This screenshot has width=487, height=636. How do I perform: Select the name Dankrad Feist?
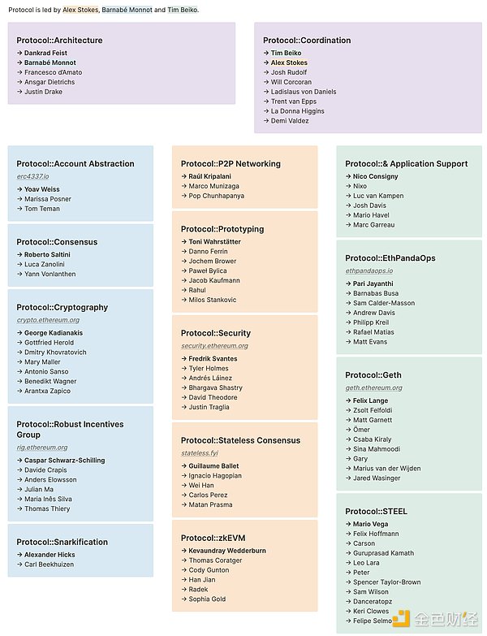[x=45, y=53]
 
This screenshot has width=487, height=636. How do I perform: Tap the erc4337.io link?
[x=32, y=176]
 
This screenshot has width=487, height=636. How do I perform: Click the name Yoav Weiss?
[x=42, y=189]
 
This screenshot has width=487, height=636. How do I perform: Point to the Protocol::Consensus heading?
[x=57, y=242]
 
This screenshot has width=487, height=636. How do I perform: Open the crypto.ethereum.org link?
[x=48, y=320]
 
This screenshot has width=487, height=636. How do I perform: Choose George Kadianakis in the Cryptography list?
[x=53, y=333]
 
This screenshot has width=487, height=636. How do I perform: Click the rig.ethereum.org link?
[x=42, y=448]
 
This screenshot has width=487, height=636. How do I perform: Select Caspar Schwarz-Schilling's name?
[x=64, y=461]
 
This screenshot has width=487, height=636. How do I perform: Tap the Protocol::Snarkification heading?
[x=62, y=542]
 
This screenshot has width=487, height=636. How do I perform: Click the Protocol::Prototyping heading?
[x=222, y=229]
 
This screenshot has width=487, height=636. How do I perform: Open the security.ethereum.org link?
[x=215, y=346]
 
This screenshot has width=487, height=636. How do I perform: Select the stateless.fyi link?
[x=200, y=453]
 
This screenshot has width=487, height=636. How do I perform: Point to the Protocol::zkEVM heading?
[x=213, y=538]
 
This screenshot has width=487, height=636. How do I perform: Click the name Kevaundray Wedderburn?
[x=227, y=551]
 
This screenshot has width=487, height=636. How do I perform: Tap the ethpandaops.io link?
[x=368, y=270]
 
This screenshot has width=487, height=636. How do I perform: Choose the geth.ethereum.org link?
[x=373, y=388]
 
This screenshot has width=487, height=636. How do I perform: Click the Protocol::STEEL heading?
[x=376, y=511]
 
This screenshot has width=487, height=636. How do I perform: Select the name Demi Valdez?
[x=290, y=121]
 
